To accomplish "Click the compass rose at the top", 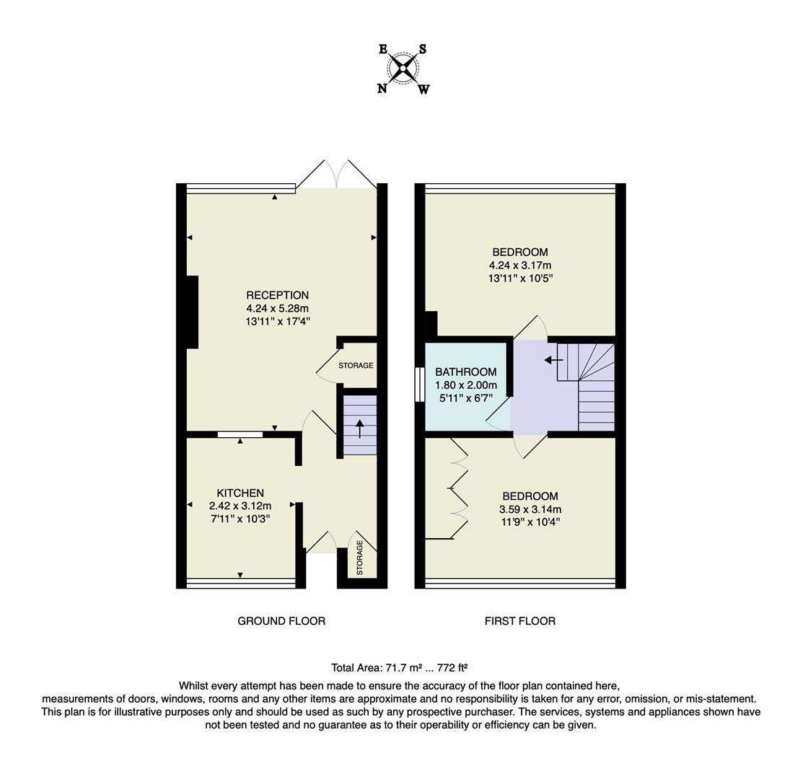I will pos(403,69).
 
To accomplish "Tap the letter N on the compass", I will pos(382,88).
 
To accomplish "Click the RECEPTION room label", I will pos(277,295).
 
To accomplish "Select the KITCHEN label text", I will pos(240,493).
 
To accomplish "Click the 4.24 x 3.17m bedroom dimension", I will pos(520,265).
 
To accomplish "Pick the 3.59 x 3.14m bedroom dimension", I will pos(530,509).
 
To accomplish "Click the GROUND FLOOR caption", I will pos(281,621).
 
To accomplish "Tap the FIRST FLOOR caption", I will pos(520,621).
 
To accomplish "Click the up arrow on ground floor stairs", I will pos(359,428).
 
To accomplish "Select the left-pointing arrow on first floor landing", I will pos(553,360).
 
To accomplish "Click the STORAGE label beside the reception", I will pos(356,366).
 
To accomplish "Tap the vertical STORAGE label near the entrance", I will pos(360,558).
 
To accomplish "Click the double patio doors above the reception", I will pos(336,175).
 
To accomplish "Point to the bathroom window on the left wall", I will pos(419,384).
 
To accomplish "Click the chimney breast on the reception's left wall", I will pos(193,312).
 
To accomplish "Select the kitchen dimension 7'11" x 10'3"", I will pos(240,519).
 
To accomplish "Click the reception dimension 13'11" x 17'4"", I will pos(277,321).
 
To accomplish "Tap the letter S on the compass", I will pos(423,49).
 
